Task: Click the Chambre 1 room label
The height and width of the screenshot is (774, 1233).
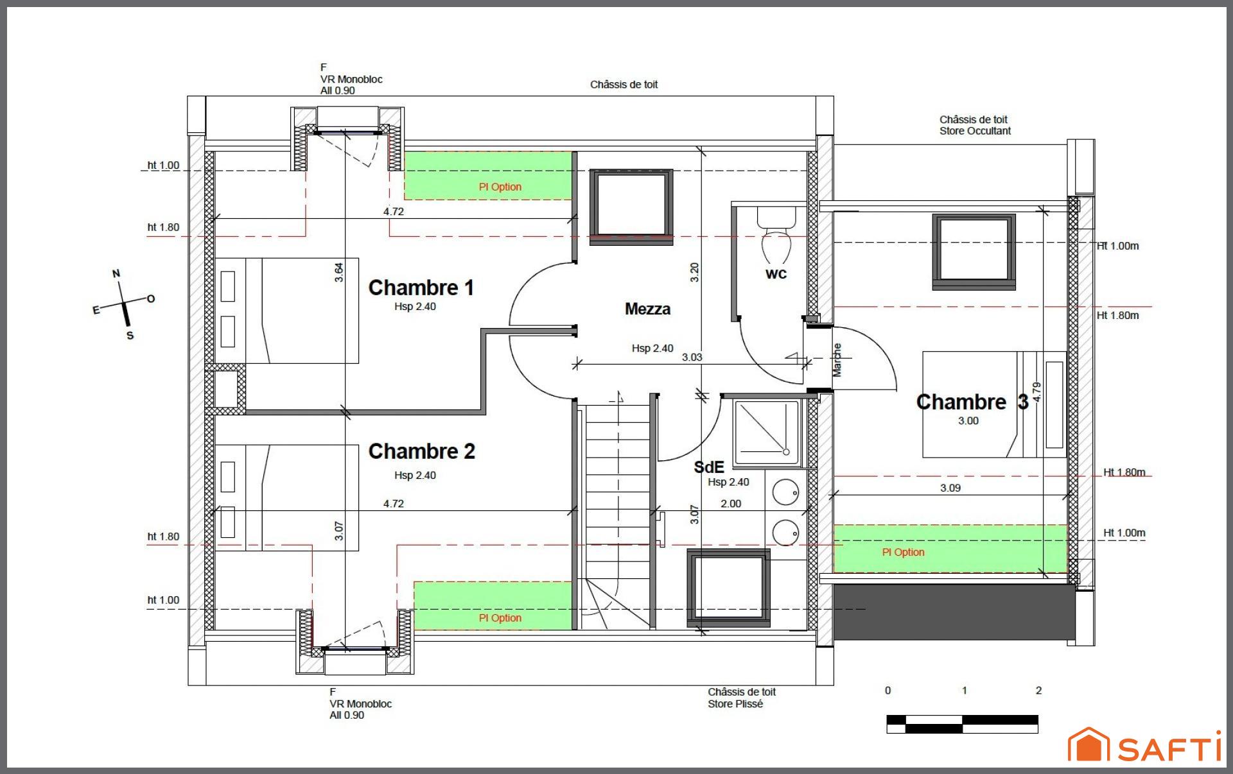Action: point(421,288)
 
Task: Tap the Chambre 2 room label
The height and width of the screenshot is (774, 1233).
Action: point(422,451)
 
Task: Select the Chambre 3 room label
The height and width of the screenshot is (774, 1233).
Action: point(972,402)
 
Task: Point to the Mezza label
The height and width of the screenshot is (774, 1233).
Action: point(647,309)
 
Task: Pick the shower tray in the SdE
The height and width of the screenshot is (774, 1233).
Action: point(767,433)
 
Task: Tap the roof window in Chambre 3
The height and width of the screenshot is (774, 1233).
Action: point(974,251)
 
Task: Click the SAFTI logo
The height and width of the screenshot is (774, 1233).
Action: point(1144,746)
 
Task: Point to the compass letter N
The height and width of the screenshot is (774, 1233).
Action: point(116,273)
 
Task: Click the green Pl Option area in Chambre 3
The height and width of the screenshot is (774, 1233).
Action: point(950,549)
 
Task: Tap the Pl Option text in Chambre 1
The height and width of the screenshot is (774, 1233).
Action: point(500,187)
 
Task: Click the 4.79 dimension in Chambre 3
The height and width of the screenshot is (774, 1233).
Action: point(1036,392)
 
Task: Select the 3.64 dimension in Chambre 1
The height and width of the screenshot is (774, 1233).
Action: point(338,272)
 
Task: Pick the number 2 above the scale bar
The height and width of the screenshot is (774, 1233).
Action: point(1038,691)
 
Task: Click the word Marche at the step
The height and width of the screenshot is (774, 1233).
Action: point(837,359)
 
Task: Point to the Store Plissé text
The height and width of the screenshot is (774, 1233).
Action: point(735,703)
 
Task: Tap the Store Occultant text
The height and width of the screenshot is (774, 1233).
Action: point(975,131)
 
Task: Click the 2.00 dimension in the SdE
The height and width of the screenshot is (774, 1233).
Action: point(731,504)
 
